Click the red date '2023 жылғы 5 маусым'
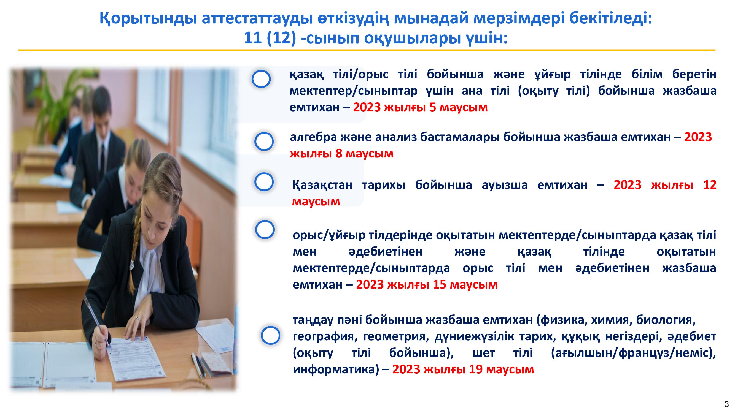[x=420, y=107]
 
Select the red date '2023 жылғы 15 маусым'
[x=427, y=284]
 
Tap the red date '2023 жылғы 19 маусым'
[x=463, y=369]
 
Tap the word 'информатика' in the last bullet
[x=333, y=370]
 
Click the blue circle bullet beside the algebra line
[x=264, y=141]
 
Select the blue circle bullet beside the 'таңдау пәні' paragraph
[x=270, y=335]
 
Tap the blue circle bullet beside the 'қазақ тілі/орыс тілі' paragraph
[x=261, y=79]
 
